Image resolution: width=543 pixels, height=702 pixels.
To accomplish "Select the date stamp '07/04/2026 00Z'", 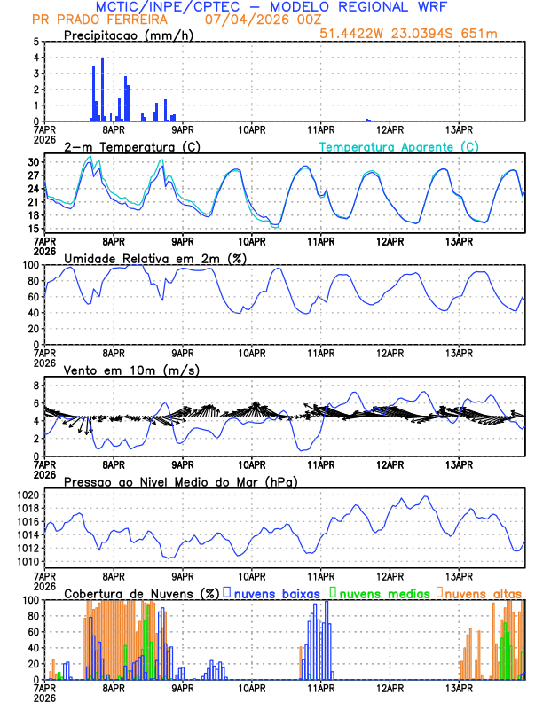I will tap(253, 19).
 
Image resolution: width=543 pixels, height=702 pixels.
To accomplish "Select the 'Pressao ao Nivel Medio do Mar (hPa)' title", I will tap(180, 481).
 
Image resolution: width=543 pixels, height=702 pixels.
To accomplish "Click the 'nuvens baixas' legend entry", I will tap(275, 593).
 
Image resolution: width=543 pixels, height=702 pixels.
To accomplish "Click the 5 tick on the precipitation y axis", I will tap(35, 42).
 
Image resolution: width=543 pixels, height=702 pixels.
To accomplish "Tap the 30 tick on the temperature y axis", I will tap(33, 162).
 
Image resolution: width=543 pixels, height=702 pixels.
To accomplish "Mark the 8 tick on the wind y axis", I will tap(35, 386).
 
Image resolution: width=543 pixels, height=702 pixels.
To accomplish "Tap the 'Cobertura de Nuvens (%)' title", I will tap(142, 593).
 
